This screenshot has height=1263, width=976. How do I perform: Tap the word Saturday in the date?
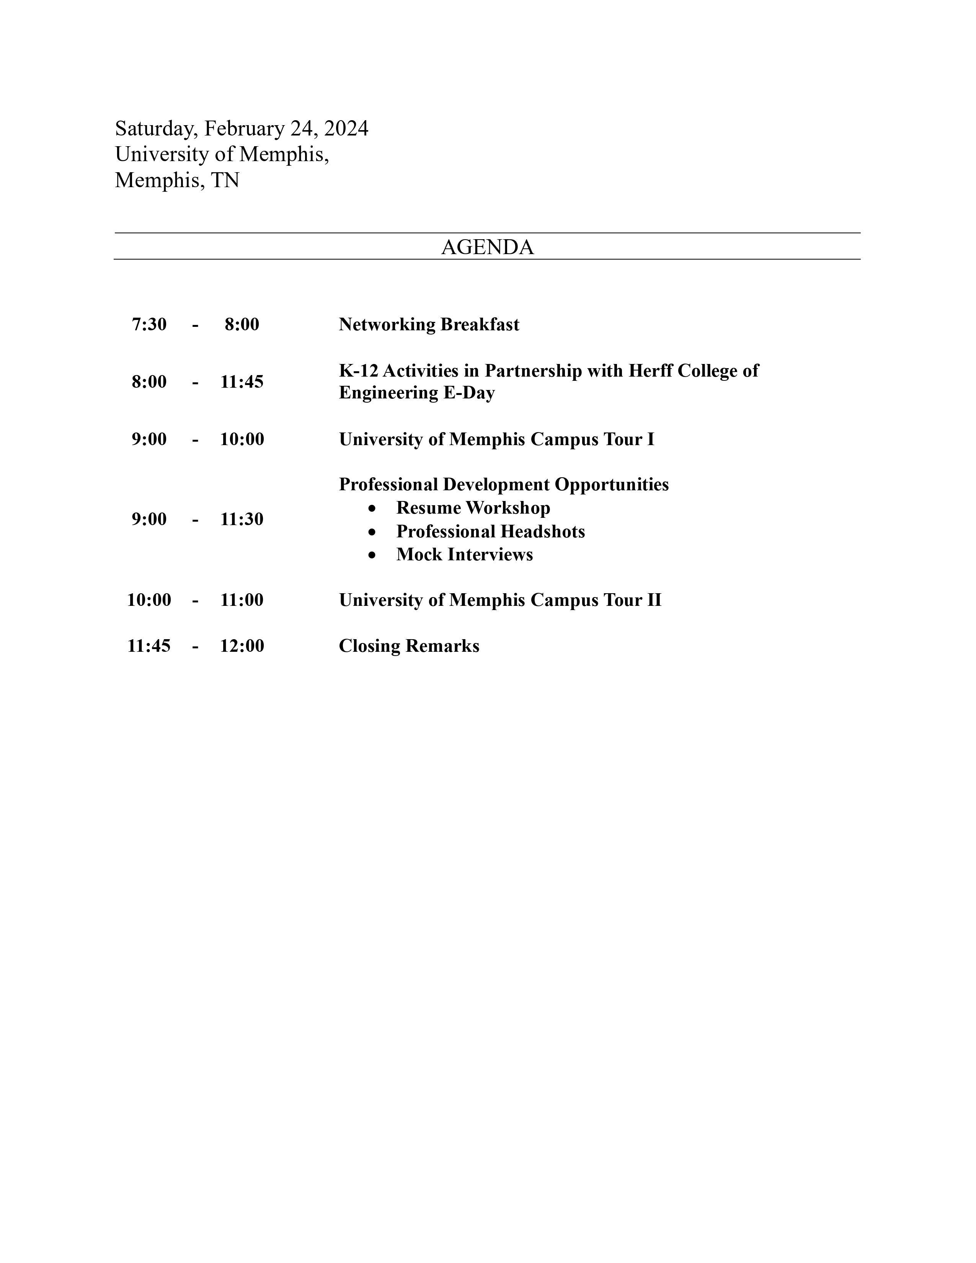pos(154,128)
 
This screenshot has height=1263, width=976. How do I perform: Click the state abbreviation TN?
pos(225,180)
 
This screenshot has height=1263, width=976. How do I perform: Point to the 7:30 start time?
pos(149,325)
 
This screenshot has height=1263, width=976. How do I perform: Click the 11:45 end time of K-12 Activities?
pos(242,382)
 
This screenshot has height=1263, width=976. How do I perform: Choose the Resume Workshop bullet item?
pos(473,508)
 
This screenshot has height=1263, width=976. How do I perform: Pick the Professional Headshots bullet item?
pos(490,532)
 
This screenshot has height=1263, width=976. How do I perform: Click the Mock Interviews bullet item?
pos(464,555)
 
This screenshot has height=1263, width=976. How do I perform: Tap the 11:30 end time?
pos(242,519)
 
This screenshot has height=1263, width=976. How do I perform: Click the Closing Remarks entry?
pos(409,646)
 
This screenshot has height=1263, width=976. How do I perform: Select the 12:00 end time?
pos(242,646)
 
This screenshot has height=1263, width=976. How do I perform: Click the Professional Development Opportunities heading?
pos(504,484)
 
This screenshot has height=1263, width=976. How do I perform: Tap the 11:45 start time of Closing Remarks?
pos(149,646)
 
